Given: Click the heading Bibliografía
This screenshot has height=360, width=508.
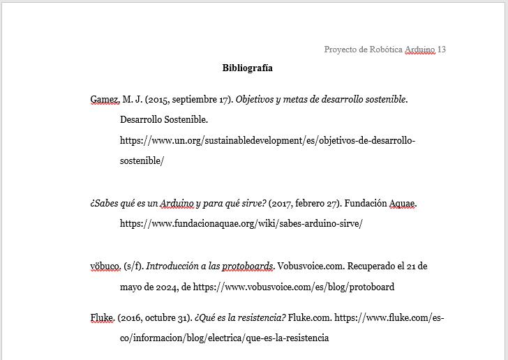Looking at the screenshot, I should [x=247, y=68].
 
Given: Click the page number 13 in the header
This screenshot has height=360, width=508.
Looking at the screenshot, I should [x=441, y=50].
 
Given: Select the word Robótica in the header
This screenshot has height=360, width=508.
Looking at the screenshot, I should [x=386, y=50].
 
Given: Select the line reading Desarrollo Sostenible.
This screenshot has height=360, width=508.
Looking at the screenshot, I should [x=164, y=120].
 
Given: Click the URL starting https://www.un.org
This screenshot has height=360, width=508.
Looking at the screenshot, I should [x=267, y=140].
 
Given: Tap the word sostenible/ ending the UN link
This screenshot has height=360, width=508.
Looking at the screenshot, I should [x=142, y=160].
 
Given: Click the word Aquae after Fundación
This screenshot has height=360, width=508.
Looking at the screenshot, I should [x=401, y=204].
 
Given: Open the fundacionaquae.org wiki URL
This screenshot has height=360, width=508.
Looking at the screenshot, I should [x=241, y=224].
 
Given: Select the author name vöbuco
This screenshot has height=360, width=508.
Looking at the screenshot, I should [x=105, y=267].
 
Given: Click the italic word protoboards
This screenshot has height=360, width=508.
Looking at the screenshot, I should [x=248, y=267].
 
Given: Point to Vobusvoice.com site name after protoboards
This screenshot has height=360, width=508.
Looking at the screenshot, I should [x=310, y=267].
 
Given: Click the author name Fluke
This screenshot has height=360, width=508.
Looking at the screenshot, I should [x=102, y=318].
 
